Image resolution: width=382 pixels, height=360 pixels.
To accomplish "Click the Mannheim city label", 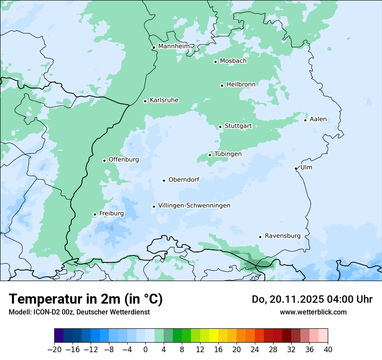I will pos(174,46).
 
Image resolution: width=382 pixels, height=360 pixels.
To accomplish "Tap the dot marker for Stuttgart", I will pos(220,127).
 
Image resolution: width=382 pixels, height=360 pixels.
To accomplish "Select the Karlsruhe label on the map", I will pos(164,100).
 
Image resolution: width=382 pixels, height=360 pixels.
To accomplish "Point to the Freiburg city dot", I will pos(95,214).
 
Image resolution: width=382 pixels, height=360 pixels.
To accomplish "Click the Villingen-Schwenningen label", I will pos(194,206).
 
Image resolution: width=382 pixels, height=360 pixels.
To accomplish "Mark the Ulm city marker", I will pos(296,168).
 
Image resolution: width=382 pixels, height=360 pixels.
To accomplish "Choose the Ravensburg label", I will pos(283,236).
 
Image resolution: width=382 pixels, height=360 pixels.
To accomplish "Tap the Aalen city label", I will pos(318,119).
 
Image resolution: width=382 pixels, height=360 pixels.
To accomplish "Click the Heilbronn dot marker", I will pos(222,85).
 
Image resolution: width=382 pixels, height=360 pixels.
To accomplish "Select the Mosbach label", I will pos(233,61).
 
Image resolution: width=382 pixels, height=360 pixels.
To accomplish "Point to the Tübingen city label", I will pos(228,154).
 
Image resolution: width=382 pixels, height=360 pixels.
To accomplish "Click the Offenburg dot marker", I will pos(104,160).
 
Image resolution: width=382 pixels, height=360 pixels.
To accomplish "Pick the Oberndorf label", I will pos(184,180).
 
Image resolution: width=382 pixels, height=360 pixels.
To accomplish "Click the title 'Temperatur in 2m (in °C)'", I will pos(86,299).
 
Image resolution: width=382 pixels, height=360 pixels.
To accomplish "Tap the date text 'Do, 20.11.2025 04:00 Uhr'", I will pos(312,299).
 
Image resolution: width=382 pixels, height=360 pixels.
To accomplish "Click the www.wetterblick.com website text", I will pos(313,312).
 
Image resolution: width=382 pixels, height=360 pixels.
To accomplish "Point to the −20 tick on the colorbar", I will pos(54,349).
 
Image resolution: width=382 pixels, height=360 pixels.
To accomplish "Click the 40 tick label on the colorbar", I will pos(328,349).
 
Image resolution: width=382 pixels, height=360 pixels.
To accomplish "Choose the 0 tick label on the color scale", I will pos(145,349).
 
